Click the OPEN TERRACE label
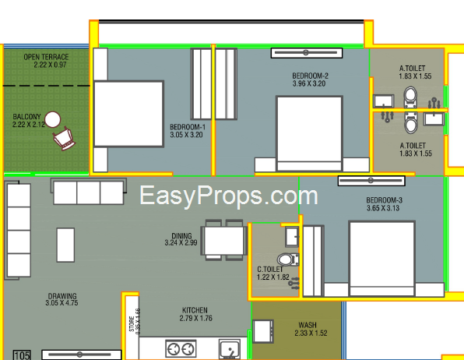[46, 57]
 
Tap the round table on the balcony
[53, 119]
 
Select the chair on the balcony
[64, 139]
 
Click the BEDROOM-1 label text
[188, 127]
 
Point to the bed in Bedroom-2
[310, 133]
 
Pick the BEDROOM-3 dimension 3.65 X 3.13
[383, 208]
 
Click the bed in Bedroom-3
[381, 259]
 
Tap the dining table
[224, 240]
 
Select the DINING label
[181, 236]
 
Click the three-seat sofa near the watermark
[89, 192]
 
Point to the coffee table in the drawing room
[65, 245]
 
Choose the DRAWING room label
[62, 296]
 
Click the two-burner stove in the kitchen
[181, 349]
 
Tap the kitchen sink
[230, 349]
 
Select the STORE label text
[132, 323]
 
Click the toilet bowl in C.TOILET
[288, 259]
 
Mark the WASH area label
[308, 325]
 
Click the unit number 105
[23, 355]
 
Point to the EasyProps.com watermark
[228, 196]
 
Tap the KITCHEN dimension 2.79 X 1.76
[196, 318]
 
